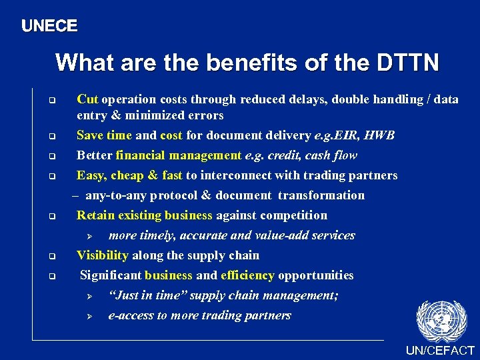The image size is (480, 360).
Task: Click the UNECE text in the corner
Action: pos(49,27)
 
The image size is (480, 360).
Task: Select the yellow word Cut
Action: pos(87,99)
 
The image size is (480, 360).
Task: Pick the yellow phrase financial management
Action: pos(178,155)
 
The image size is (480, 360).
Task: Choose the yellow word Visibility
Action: pos(103,255)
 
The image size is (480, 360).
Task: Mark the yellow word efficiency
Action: pos(247,275)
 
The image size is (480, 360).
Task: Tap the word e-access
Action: pos(131,315)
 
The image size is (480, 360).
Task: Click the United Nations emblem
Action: pos(440,320)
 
